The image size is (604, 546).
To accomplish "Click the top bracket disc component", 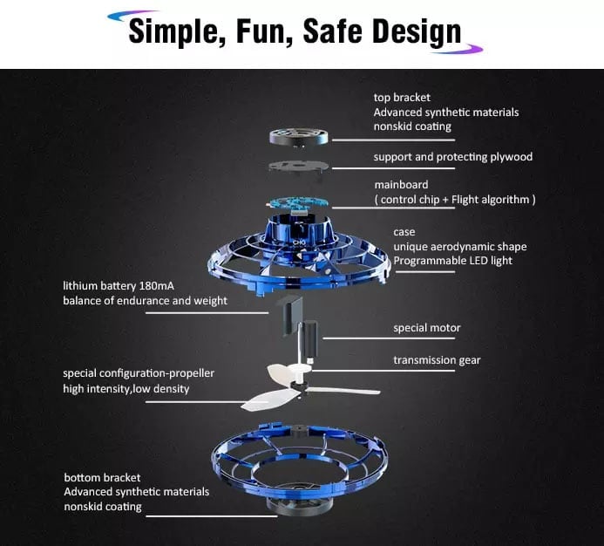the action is click(299, 138).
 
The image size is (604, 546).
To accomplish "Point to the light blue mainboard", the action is click(298, 203).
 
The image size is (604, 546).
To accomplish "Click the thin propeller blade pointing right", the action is click(343, 391).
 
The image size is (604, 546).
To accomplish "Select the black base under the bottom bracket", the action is click(299, 503).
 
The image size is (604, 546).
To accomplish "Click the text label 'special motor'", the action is click(427, 328).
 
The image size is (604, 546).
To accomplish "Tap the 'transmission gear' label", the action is click(437, 360).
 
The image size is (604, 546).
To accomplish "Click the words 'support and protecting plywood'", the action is click(453, 157).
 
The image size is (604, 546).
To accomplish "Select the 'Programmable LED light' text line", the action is click(452, 261).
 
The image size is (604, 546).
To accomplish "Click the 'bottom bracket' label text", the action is click(102, 478).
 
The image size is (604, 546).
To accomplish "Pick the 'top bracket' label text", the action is click(402, 98).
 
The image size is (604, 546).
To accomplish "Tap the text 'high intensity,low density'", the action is click(126, 389).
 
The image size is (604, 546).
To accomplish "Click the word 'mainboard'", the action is click(402, 185).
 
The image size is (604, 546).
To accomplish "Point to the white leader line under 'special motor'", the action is click(389, 338).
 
